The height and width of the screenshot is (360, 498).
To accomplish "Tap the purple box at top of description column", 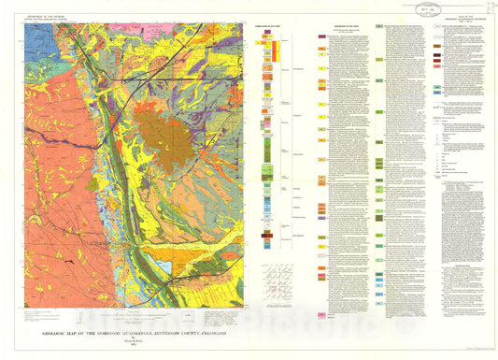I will (320, 39).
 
